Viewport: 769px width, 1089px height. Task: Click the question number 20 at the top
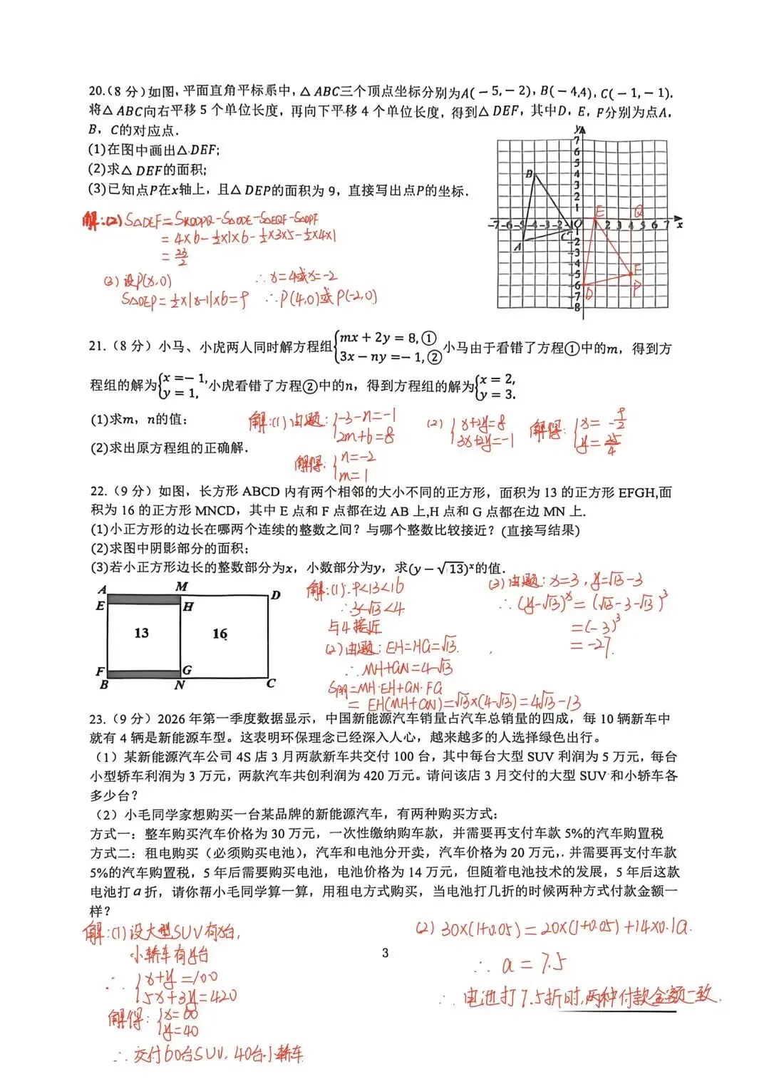pyautogui.click(x=96, y=91)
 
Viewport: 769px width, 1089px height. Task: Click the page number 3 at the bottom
pyautogui.click(x=386, y=953)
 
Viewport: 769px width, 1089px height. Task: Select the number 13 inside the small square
pyautogui.click(x=142, y=633)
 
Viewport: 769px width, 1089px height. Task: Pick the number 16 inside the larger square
pyautogui.click(x=220, y=634)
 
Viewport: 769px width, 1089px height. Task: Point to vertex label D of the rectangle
pyautogui.click(x=276, y=595)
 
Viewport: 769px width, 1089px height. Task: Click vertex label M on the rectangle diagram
pyautogui.click(x=182, y=587)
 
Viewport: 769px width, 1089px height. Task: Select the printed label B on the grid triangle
pyautogui.click(x=529, y=174)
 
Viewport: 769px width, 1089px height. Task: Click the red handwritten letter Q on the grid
pyautogui.click(x=639, y=212)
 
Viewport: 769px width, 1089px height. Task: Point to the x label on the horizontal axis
pyautogui.click(x=680, y=224)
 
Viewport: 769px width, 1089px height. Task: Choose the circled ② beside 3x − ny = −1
pyautogui.click(x=434, y=357)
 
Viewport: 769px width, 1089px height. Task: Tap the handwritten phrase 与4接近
pyautogui.click(x=354, y=626)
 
